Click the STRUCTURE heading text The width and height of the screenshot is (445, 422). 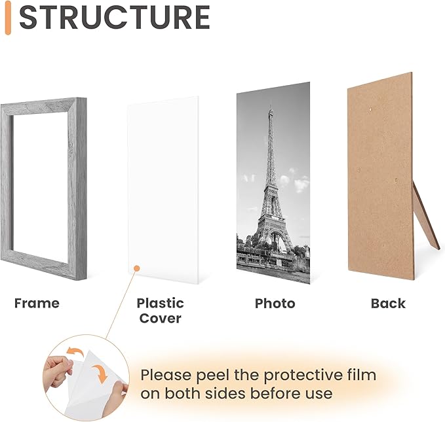click(x=114, y=18)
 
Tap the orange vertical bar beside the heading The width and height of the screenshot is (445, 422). click(x=7, y=18)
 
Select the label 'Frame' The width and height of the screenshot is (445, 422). click(x=37, y=303)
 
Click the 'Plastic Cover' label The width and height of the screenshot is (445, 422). click(x=160, y=311)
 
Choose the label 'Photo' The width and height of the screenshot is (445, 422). click(x=275, y=304)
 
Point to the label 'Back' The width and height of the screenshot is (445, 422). click(x=388, y=304)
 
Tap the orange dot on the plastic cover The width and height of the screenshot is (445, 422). click(x=136, y=268)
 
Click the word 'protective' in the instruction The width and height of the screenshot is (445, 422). click(x=303, y=376)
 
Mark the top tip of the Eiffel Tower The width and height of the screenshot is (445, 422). click(x=269, y=103)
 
